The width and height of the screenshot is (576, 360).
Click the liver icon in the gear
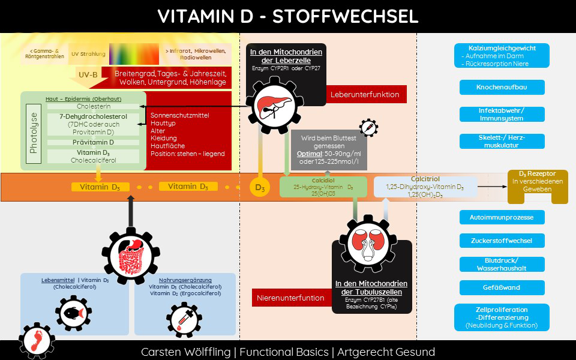click(275, 105)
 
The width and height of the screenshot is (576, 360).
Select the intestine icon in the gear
click(131, 256)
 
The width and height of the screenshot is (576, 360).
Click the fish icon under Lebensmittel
click(73, 313)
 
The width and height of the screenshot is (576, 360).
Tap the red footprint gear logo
click(37, 341)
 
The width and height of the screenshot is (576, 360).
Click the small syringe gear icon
click(368, 128)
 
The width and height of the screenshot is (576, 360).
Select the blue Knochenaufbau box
click(502, 88)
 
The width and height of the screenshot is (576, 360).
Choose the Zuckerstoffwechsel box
click(502, 241)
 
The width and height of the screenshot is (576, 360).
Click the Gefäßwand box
click(502, 287)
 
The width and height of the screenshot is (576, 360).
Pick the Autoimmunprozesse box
click(502, 217)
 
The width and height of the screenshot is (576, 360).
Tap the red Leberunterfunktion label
click(365, 94)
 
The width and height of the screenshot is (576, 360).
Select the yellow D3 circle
click(260, 187)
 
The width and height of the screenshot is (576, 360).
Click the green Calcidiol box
click(323, 187)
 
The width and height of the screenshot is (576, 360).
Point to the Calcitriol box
click(425, 187)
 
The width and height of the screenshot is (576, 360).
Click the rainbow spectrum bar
click(134, 54)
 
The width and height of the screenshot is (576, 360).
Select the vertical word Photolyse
click(34, 133)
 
